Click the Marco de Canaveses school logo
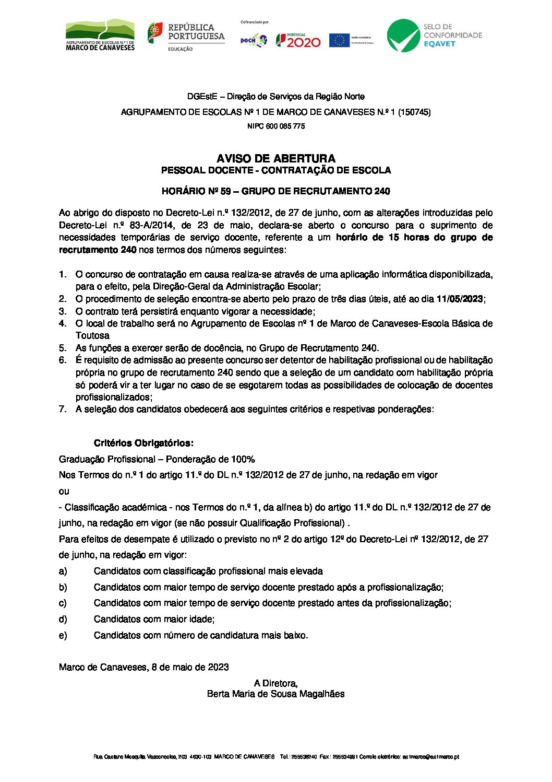100,36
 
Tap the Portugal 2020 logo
298,40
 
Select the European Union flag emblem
339,40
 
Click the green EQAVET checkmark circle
403,36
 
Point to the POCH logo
254,40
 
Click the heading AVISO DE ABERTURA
275,158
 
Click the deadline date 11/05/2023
460,299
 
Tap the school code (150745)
414,112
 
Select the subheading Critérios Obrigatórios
143,443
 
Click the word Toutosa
92,335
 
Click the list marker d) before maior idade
63,619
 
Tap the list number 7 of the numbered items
63,409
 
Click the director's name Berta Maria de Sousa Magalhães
275,694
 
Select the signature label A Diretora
275,683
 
